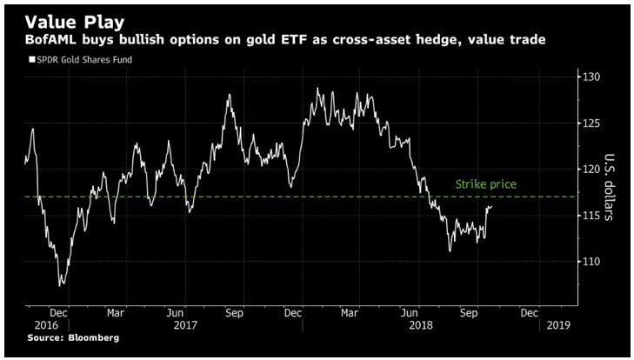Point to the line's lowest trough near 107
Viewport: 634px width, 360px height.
pos(60,284)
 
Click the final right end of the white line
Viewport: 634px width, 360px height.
pos(492,206)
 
